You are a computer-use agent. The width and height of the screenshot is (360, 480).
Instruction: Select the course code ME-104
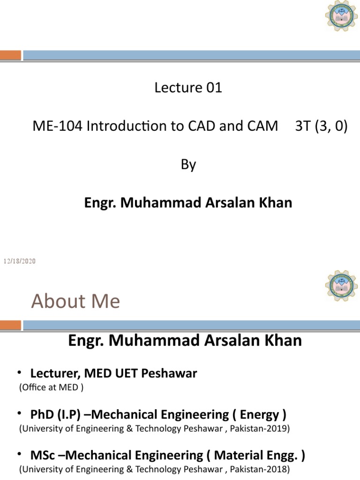pos(52,127)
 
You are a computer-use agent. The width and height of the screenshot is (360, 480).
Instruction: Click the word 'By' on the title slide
pos(188,165)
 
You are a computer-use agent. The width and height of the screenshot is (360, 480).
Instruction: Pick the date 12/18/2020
pos(20,261)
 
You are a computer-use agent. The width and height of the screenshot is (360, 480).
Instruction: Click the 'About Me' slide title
pos(75,301)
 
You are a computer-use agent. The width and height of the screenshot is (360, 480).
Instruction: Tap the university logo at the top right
pos(341,16)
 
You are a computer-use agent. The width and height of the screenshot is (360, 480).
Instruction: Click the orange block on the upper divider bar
pos(10,55)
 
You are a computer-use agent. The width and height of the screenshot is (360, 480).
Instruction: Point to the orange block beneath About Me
pos(10,325)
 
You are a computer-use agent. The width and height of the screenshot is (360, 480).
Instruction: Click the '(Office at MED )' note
pos(51,388)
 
